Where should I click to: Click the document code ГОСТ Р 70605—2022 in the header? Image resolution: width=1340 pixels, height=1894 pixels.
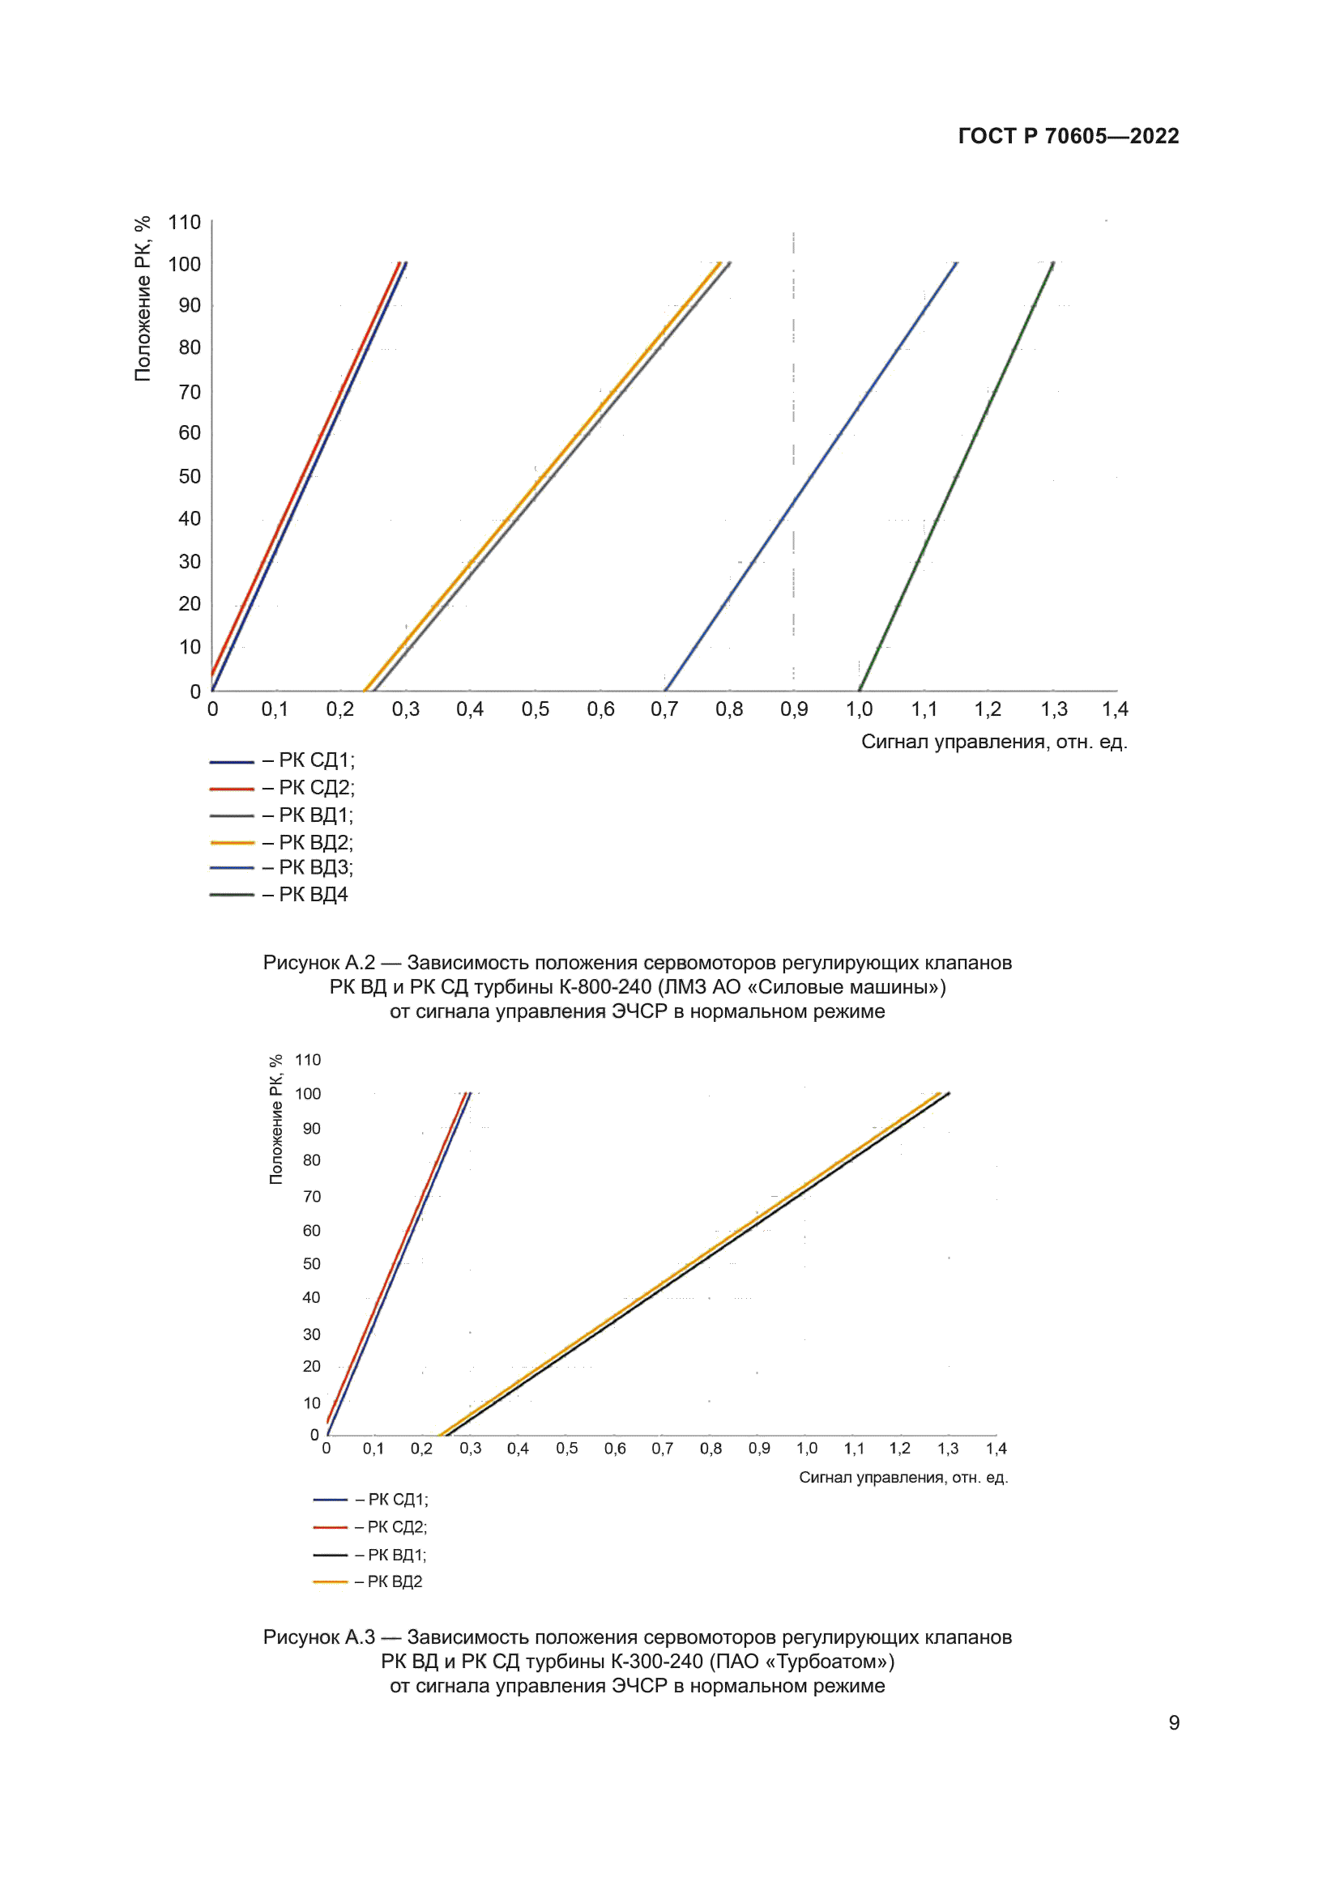click(1068, 136)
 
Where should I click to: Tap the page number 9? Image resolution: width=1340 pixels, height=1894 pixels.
click(1173, 1722)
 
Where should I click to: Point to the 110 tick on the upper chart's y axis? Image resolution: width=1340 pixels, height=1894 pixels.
click(184, 223)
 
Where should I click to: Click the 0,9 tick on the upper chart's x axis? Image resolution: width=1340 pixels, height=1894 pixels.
click(794, 709)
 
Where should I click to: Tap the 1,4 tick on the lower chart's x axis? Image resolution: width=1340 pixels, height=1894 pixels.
click(996, 1449)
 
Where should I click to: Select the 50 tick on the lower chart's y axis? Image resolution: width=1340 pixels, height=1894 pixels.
click(311, 1264)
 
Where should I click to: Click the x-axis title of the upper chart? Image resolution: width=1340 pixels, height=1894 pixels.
click(993, 742)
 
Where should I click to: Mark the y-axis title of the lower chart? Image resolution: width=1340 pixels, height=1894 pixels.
click(275, 1119)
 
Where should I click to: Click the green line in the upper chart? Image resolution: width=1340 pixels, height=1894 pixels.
click(957, 476)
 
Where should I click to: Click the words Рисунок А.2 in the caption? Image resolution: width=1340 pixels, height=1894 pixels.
click(318, 963)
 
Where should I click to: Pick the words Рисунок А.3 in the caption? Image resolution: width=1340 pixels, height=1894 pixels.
click(318, 1637)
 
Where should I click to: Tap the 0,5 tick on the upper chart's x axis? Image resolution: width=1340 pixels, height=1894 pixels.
click(535, 709)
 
